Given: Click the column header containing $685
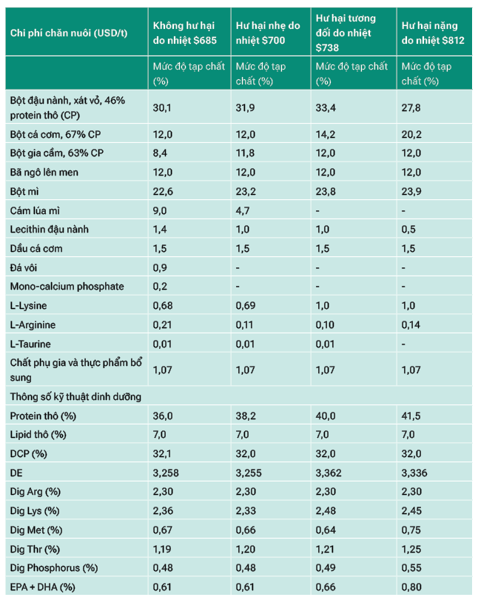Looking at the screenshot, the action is (184, 33).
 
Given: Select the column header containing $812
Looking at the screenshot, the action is (433, 33).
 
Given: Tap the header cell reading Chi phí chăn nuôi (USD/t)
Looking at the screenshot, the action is (69, 33).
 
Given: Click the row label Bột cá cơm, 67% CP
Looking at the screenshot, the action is (55, 134).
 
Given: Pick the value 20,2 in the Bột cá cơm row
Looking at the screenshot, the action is (411, 134).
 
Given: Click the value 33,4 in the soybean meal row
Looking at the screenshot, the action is (326, 108).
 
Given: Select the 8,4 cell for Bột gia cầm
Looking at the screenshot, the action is (159, 153).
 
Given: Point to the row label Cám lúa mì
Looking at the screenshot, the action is (35, 210).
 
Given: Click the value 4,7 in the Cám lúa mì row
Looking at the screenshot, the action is (242, 210).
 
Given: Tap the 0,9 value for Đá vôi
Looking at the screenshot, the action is (160, 267).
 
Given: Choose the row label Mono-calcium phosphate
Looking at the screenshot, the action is (67, 286).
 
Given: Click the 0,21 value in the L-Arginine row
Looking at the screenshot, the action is (162, 325).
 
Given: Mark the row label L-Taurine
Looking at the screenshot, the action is (30, 344).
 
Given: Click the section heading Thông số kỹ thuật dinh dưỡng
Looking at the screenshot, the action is (75, 397).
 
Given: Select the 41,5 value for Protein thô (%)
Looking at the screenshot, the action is (411, 416).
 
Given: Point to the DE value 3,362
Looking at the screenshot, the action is (329, 473).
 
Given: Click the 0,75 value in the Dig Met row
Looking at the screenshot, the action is (411, 530).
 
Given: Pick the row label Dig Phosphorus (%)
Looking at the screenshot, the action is (54, 568).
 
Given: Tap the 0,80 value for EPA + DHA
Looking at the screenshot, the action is (411, 587).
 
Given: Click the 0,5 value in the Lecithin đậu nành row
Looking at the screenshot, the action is (408, 229).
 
